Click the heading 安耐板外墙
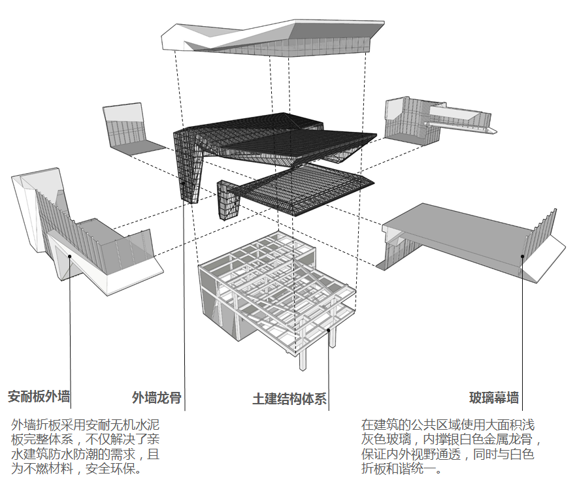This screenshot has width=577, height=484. [39, 396]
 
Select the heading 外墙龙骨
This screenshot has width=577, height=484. [157, 397]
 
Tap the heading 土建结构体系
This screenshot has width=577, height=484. [289, 399]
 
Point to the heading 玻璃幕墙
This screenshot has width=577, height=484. [494, 398]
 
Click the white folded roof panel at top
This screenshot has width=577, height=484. [274, 39]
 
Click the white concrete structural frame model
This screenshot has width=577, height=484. [274, 287]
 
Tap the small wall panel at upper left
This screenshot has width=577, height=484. [127, 131]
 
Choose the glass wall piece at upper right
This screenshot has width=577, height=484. [425, 121]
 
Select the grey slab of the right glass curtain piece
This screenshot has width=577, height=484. [457, 229]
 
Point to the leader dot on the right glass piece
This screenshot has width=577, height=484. [522, 256]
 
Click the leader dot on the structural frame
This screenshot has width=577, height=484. [328, 330]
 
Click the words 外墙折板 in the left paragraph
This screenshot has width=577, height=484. [33, 425]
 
